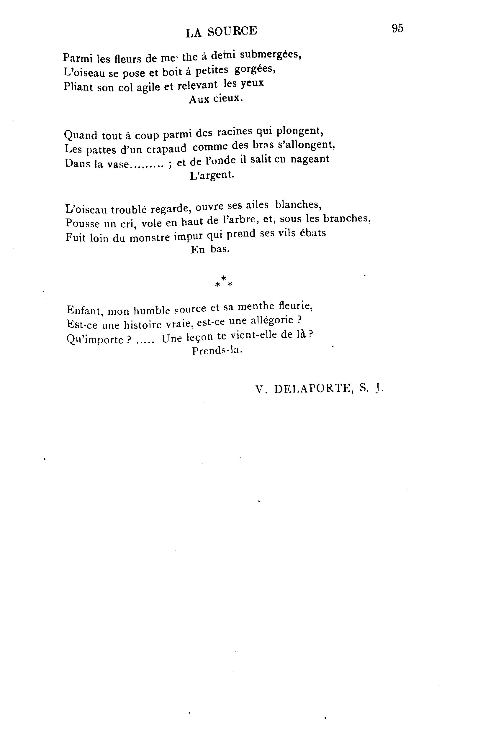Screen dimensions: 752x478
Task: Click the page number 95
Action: pyautogui.click(x=397, y=28)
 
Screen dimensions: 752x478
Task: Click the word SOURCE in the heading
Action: pyautogui.click(x=232, y=31)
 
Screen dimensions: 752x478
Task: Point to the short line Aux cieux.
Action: pyautogui.click(x=216, y=99)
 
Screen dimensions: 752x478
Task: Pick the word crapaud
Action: pyautogui.click(x=166, y=148)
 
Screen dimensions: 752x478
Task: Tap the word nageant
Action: pyautogui.click(x=310, y=159)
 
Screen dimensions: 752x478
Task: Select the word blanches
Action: pyautogui.click(x=298, y=205)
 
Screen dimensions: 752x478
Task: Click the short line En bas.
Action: pyautogui.click(x=210, y=249)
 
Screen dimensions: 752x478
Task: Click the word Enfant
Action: pyautogui.click(x=85, y=310)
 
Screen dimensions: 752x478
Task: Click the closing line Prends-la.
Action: pyautogui.click(x=217, y=351)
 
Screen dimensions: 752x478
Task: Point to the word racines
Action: pyautogui.click(x=234, y=132)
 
